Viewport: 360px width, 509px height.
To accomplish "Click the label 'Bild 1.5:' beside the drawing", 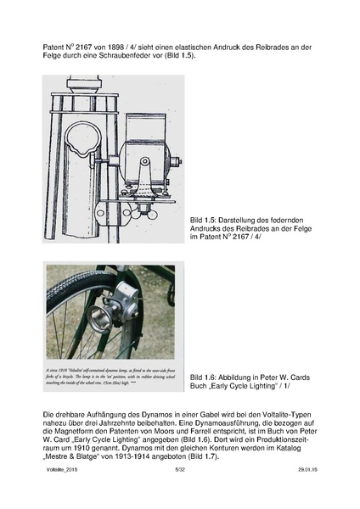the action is pyautogui.click(x=209, y=221).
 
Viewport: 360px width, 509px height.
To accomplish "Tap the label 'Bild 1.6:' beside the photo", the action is pyautogui.click(x=208, y=376).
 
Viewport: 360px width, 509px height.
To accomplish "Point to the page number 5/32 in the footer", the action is pyautogui.click(x=179, y=491).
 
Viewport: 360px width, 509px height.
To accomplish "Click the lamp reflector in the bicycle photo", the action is pyautogui.click(x=98, y=322).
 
